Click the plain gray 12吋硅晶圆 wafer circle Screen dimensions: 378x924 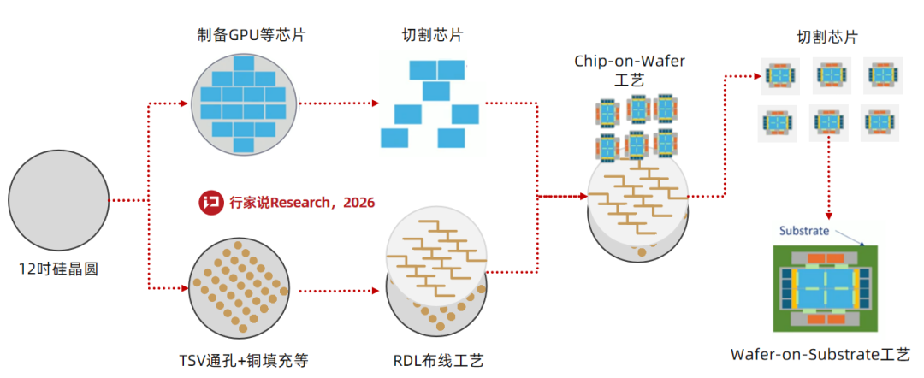59,200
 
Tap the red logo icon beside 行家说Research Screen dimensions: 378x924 210,203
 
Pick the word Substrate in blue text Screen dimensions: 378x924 804,230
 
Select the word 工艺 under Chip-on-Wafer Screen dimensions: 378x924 632,80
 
